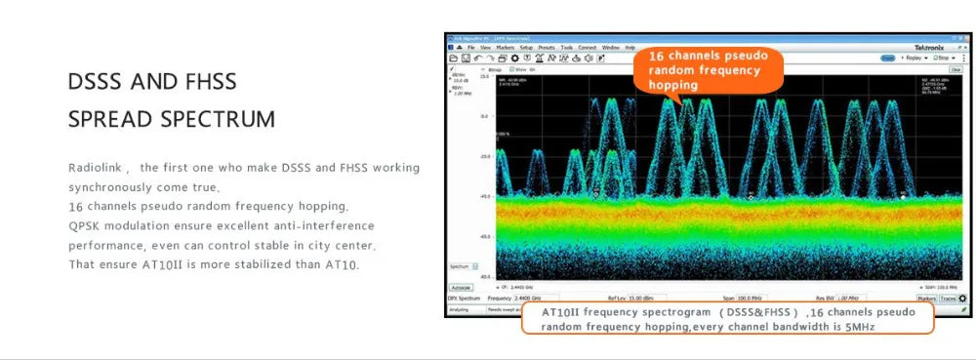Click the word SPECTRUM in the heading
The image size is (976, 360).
pyautogui.click(x=218, y=120)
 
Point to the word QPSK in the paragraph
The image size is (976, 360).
pyautogui.click(x=86, y=225)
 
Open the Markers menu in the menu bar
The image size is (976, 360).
pyautogui.click(x=505, y=47)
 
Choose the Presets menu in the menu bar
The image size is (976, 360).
pyautogui.click(x=547, y=47)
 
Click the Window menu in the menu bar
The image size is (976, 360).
pyautogui.click(x=611, y=47)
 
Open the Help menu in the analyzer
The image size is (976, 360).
pyautogui.click(x=630, y=47)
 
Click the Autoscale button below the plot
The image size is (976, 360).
pyautogui.click(x=461, y=288)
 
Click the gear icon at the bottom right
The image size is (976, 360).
pyautogui.click(x=962, y=298)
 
